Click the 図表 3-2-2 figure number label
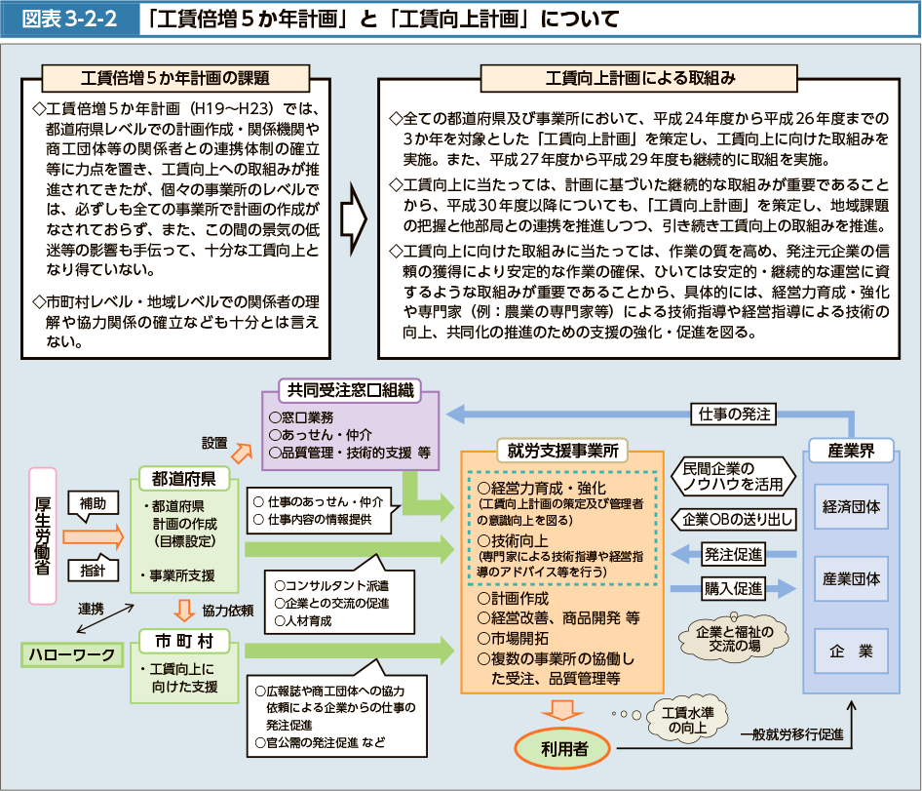pyautogui.click(x=69, y=20)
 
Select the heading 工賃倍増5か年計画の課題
pyautogui.click(x=175, y=78)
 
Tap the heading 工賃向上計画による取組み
pyautogui.click(x=639, y=78)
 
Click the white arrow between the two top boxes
pyautogui.click(x=354, y=218)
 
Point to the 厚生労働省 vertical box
pyautogui.click(x=43, y=535)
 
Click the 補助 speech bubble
pyautogui.click(x=93, y=505)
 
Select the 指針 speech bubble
pyautogui.click(x=93, y=570)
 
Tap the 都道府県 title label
pyautogui.click(x=184, y=479)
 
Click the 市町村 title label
pyautogui.click(x=184, y=641)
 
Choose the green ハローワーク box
pyautogui.click(x=72, y=655)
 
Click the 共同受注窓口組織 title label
pyautogui.click(x=351, y=391)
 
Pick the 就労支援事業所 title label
pyautogui.click(x=562, y=451)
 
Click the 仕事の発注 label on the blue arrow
pyautogui.click(x=734, y=415)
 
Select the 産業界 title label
pyautogui.click(x=852, y=451)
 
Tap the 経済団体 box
pyautogui.click(x=852, y=507)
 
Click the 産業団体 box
pyautogui.click(x=852, y=579)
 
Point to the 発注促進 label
pyautogui.click(x=734, y=554)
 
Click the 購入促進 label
pyautogui.click(x=734, y=588)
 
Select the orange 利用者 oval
pyautogui.click(x=562, y=749)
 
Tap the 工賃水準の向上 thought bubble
pyautogui.click(x=687, y=720)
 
